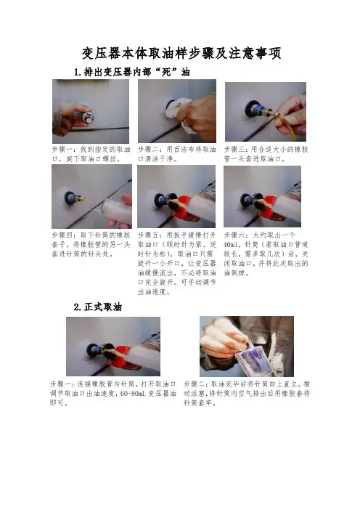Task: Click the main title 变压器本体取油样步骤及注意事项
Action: [x=181, y=53]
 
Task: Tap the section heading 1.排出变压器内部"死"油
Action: [x=131, y=72]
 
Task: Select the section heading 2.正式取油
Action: [x=97, y=307]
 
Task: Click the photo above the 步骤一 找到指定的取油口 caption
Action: [x=91, y=111]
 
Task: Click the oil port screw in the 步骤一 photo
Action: [x=88, y=117]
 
